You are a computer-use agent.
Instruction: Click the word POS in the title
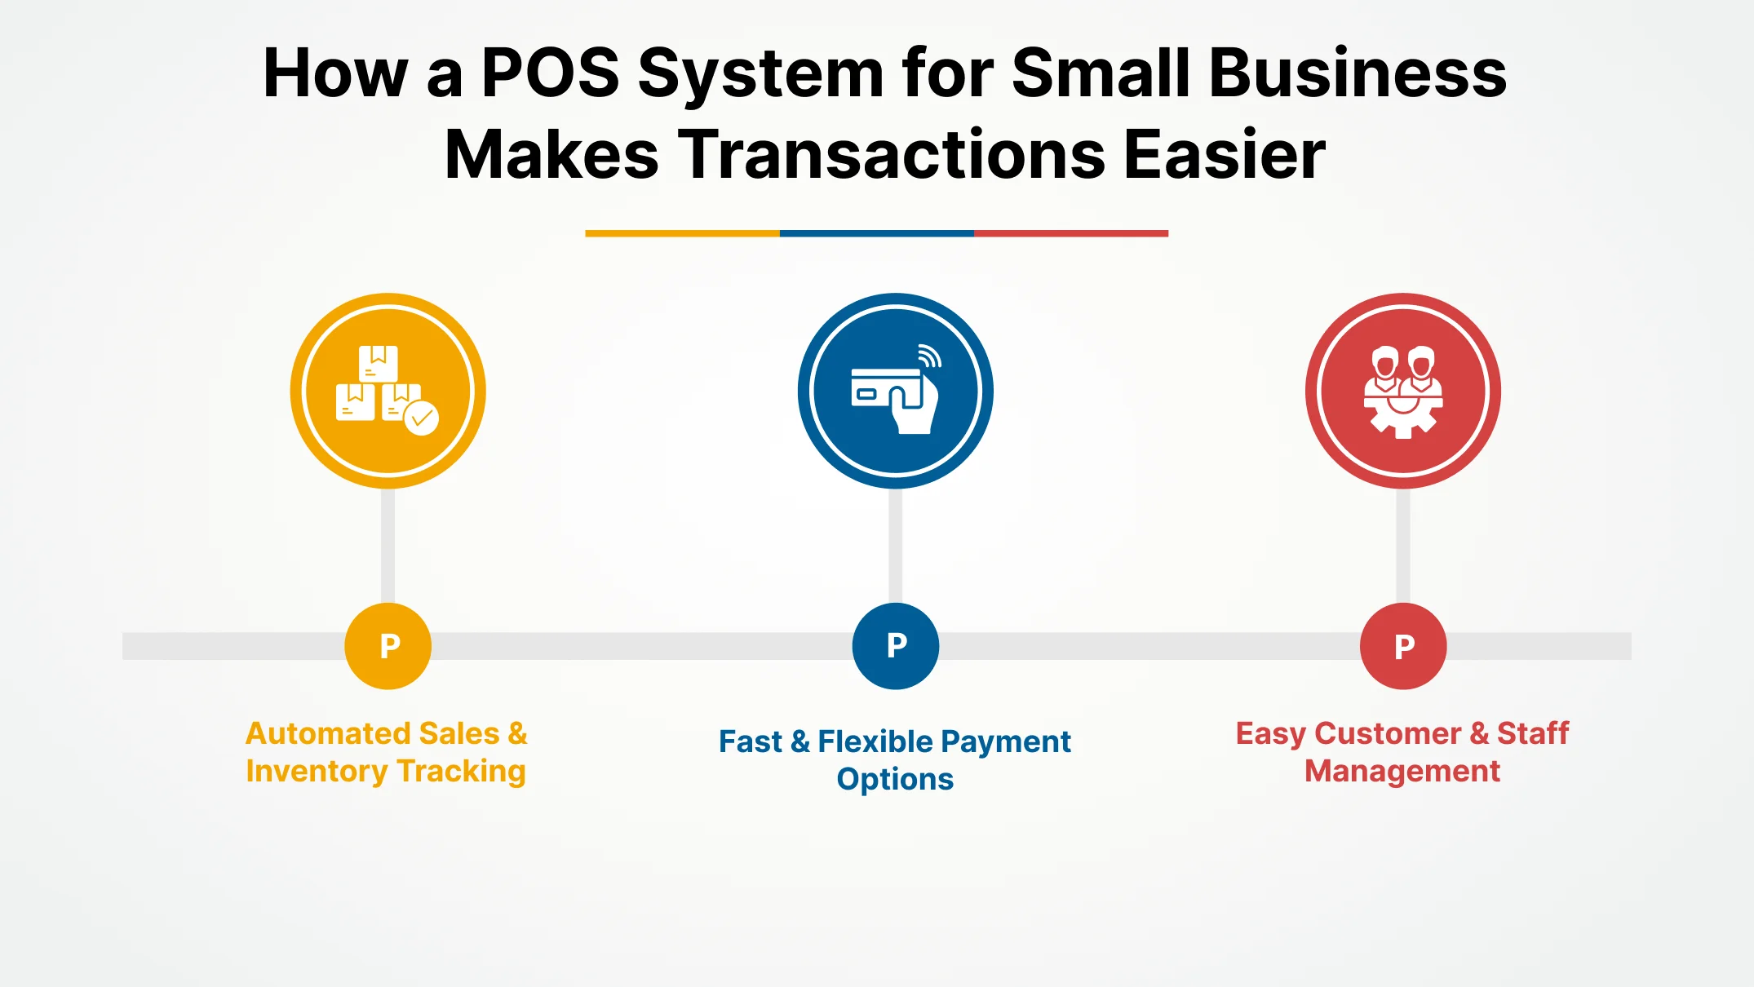(x=551, y=73)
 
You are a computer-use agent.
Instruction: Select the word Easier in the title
(x=1225, y=155)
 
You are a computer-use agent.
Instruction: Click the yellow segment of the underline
(x=682, y=233)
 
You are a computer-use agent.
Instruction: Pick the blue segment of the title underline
(x=876, y=233)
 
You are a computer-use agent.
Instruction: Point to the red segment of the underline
(x=1070, y=233)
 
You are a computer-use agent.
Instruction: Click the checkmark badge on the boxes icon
(x=422, y=418)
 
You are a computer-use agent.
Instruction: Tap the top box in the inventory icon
(x=379, y=363)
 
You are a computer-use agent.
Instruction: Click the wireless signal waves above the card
(x=929, y=356)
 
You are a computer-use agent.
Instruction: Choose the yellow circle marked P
(x=388, y=646)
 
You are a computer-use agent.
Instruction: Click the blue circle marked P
(x=896, y=646)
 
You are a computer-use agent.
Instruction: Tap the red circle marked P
(x=1403, y=646)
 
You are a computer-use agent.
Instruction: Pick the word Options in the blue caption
(x=895, y=779)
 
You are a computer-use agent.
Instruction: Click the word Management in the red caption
(x=1402, y=771)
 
